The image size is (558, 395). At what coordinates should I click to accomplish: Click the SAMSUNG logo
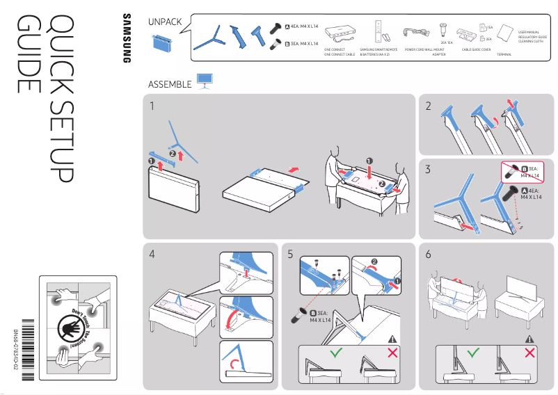pyautogui.click(x=127, y=38)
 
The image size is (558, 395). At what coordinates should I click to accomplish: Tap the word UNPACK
pyautogui.click(x=165, y=22)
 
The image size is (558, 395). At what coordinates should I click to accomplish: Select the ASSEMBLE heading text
pyautogui.click(x=170, y=84)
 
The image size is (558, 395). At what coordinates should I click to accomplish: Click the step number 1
pyautogui.click(x=152, y=106)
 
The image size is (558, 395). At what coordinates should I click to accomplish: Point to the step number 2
pyautogui.click(x=429, y=106)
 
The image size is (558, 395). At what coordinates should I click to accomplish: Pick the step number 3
pyautogui.click(x=429, y=169)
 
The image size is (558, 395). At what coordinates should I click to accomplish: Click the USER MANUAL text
pyautogui.click(x=529, y=32)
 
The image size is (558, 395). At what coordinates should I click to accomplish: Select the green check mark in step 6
pyautogui.click(x=473, y=353)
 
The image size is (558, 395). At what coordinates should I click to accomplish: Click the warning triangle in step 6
pyautogui.click(x=531, y=339)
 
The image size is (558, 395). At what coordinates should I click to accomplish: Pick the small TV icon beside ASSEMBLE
pyautogui.click(x=205, y=81)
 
